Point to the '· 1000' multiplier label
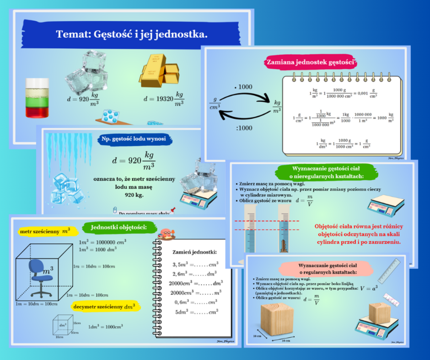243,87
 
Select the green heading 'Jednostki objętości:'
118,227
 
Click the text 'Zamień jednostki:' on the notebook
194,252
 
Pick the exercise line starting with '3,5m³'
195,264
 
